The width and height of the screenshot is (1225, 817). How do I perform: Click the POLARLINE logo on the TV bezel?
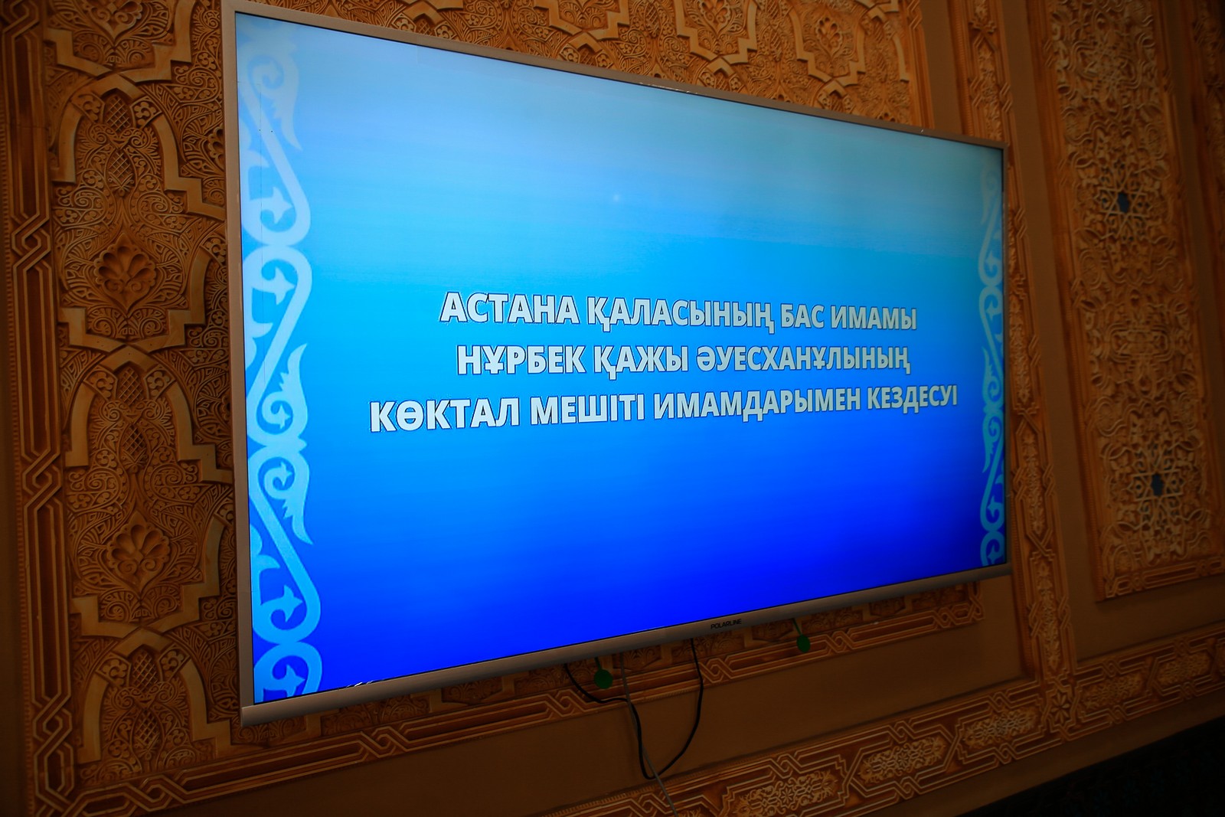(x=727, y=625)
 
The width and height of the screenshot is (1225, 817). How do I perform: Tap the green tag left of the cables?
(x=602, y=678)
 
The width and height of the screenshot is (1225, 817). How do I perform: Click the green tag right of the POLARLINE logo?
(x=802, y=644)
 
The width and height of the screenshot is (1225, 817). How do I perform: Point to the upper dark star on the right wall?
(x=1122, y=202)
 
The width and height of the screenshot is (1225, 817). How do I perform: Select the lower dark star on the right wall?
(x=1156, y=483)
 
